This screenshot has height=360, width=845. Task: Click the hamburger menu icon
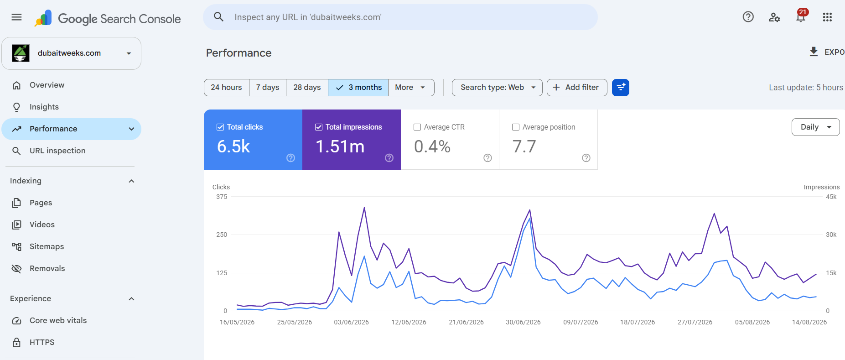tap(16, 17)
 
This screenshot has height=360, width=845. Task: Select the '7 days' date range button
tap(268, 88)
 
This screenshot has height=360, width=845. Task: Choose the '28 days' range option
tap(307, 88)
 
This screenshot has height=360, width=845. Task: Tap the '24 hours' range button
tap(227, 88)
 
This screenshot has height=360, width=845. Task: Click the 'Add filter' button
tap(577, 88)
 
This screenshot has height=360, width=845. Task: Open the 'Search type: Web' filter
tap(497, 88)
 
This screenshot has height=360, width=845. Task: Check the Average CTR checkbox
tap(417, 127)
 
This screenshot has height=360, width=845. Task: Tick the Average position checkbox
tap(516, 127)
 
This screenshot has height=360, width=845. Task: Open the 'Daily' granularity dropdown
tap(815, 127)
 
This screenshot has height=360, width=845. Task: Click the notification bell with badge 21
tap(801, 16)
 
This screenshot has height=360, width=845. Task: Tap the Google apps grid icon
tap(827, 17)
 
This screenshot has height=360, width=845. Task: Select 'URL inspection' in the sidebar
tap(57, 151)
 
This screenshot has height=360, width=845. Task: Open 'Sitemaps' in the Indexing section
tap(47, 247)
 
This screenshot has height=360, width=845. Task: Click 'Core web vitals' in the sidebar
tap(58, 321)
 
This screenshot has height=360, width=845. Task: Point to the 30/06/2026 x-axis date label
tap(523, 322)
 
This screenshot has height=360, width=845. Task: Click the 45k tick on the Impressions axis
tap(831, 197)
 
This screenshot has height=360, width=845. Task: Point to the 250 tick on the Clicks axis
tap(222, 235)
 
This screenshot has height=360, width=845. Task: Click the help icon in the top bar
tap(748, 17)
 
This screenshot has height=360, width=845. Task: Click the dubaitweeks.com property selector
tap(71, 53)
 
